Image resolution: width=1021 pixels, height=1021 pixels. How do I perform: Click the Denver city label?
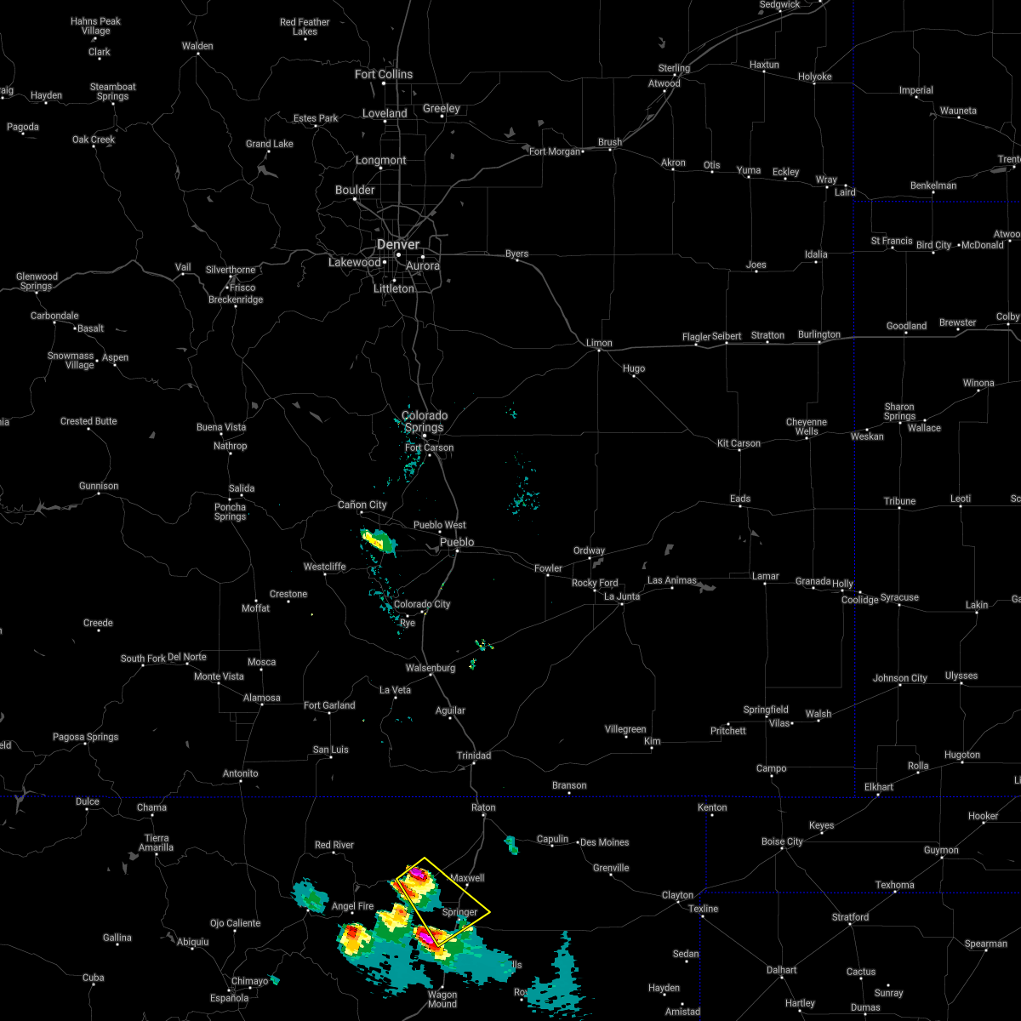pos(398,244)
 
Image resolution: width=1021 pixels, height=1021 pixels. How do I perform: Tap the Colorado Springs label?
pos(425,422)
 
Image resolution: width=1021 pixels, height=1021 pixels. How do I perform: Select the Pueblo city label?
pos(457,542)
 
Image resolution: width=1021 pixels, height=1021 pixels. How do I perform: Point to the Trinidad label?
pos(473,756)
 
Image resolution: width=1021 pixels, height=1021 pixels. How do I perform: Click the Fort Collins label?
pos(384,74)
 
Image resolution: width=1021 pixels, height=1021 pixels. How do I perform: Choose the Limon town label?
pos(599,343)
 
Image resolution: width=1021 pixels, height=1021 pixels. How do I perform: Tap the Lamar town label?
pos(765,576)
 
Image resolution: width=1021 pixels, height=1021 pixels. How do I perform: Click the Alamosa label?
pos(261,698)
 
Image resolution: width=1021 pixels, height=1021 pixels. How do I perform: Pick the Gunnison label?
pos(99,486)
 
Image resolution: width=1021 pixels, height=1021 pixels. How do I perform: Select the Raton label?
pos(483,807)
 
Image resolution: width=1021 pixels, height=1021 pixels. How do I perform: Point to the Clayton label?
pos(678,895)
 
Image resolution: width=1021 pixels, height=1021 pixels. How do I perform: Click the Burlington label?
pos(819,334)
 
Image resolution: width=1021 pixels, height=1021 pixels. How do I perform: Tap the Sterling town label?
pos(674,68)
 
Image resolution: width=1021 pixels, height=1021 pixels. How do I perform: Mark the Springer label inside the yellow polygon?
pos(459,912)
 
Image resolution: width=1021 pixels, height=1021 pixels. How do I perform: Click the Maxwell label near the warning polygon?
pos(467,878)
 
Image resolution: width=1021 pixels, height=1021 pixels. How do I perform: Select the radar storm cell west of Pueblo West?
pos(375,540)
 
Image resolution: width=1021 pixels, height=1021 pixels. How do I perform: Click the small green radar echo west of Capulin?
pos(511,844)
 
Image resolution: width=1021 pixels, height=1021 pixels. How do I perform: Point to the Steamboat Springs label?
pos(112,91)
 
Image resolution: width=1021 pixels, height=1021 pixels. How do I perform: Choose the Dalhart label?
pos(781,970)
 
